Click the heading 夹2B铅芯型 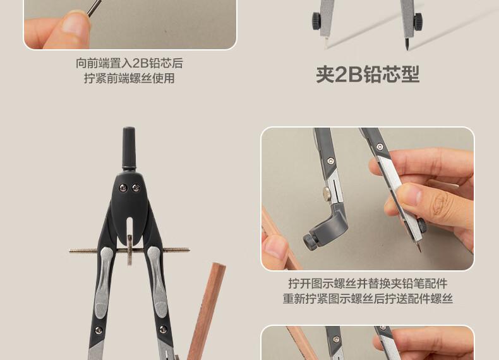coord(368,74)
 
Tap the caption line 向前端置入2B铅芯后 coord(129,63)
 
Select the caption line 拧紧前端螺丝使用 coord(129,78)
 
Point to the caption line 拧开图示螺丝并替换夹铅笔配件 coord(368,283)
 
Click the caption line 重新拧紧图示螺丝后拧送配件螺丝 coord(368,299)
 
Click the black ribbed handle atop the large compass coord(129,148)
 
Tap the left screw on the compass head coord(123,188)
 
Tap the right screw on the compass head coord(136,188)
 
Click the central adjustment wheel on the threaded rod coord(129,250)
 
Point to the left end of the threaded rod coord(69,251)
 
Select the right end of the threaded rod coord(189,250)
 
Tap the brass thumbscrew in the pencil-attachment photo coord(327,193)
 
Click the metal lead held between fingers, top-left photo coord(93,8)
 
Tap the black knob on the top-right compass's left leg coord(316,21)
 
